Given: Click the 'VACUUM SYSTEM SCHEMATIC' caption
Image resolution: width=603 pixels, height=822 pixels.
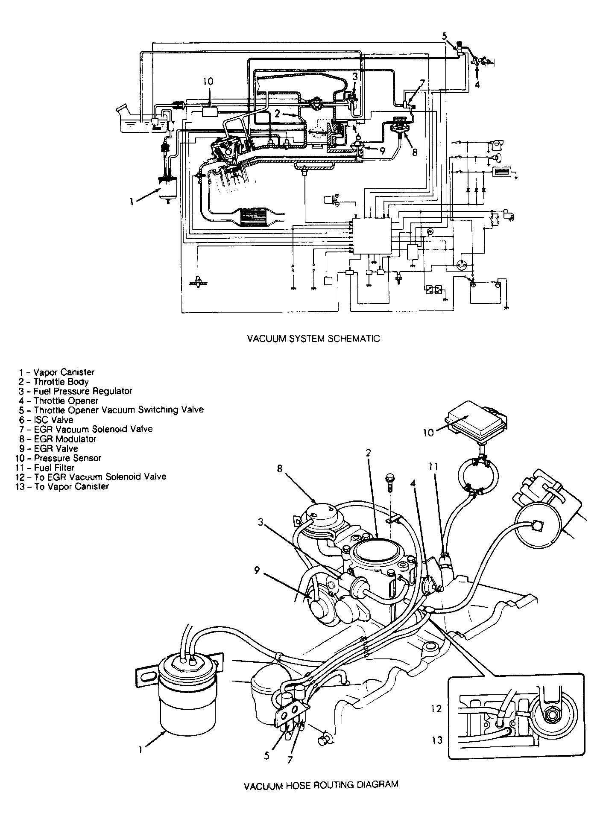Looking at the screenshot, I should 313,339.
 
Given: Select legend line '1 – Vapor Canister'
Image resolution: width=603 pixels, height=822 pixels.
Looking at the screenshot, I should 56,372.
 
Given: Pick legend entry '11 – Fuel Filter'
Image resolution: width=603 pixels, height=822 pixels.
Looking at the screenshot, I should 45,468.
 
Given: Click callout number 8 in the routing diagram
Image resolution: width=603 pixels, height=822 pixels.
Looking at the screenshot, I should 280,468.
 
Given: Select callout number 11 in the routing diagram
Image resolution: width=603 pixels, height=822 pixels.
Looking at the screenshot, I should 433,467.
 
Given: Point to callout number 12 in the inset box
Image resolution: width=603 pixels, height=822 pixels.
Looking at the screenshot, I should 436,708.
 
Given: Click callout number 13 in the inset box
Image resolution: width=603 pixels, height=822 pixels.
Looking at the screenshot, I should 437,740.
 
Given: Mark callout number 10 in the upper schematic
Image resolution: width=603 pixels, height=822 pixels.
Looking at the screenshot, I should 208,81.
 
